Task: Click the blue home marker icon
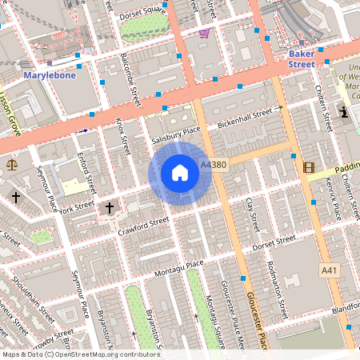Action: (x=180, y=173)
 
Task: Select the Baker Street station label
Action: (x=301, y=58)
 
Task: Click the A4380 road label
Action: (x=214, y=165)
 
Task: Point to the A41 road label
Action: (x=330, y=271)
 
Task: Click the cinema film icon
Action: (x=309, y=166)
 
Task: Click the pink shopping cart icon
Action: (x=204, y=34)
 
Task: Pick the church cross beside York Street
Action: (x=110, y=209)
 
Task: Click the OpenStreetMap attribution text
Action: (x=80, y=354)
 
